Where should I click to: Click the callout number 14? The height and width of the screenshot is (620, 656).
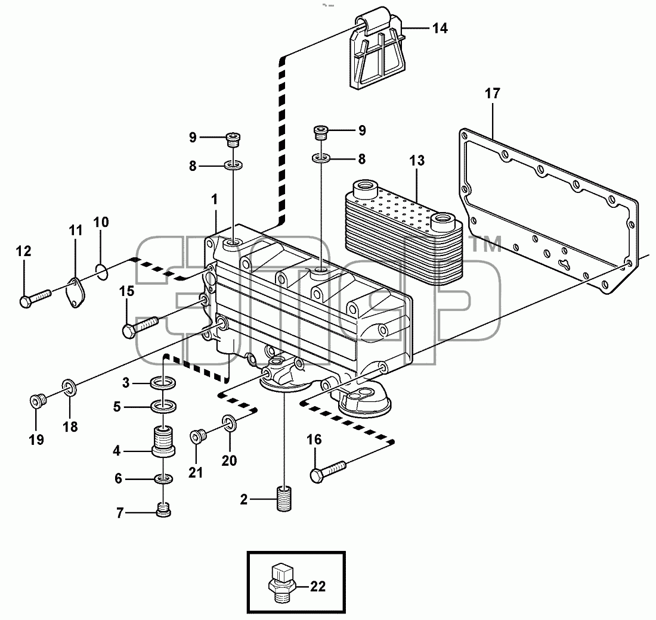pyautogui.click(x=440, y=28)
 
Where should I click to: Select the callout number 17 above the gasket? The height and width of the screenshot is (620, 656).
pyautogui.click(x=493, y=93)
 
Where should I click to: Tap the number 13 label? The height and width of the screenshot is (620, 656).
pyautogui.click(x=417, y=160)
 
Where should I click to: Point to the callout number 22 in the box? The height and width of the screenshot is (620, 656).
pyautogui.click(x=317, y=587)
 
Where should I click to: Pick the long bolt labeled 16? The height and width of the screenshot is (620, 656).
pyautogui.click(x=329, y=472)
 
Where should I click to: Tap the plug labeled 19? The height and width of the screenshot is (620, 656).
pyautogui.click(x=38, y=401)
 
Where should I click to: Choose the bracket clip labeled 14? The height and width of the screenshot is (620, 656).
pyautogui.click(x=376, y=48)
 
